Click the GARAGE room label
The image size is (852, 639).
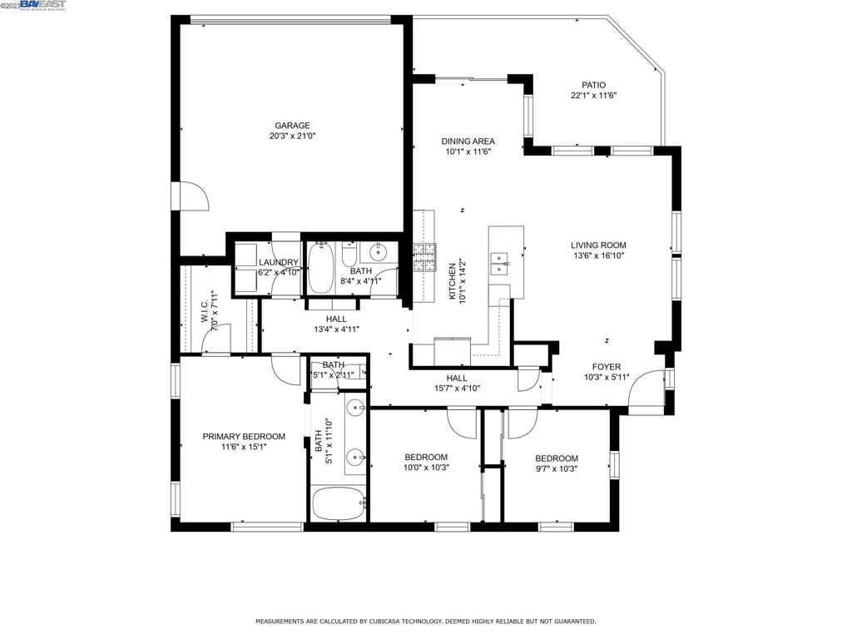(x=292, y=126)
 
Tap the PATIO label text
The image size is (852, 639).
(x=593, y=85)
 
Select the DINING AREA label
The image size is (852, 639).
(x=468, y=141)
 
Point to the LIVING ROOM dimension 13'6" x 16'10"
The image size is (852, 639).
(x=597, y=256)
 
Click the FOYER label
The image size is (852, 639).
(x=606, y=367)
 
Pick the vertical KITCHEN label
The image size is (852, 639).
(x=453, y=281)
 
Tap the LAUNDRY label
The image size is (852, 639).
(x=278, y=262)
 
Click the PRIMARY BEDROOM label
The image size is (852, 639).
(x=244, y=436)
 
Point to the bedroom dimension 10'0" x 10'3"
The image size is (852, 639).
(x=426, y=468)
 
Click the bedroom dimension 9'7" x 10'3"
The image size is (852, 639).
(x=556, y=468)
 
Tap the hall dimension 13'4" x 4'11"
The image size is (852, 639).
(x=336, y=329)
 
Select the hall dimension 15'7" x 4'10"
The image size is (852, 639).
(x=457, y=388)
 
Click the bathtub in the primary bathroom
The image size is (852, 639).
(x=337, y=503)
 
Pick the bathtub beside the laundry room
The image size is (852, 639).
(x=319, y=268)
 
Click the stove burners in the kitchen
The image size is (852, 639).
(x=424, y=258)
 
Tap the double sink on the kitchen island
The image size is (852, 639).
(x=501, y=263)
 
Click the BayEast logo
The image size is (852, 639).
(x=35, y=6)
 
